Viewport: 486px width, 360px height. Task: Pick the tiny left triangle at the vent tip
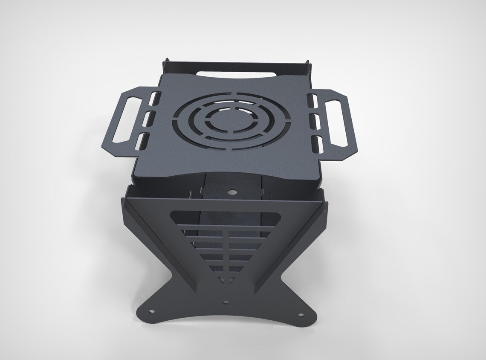point(221,279)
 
